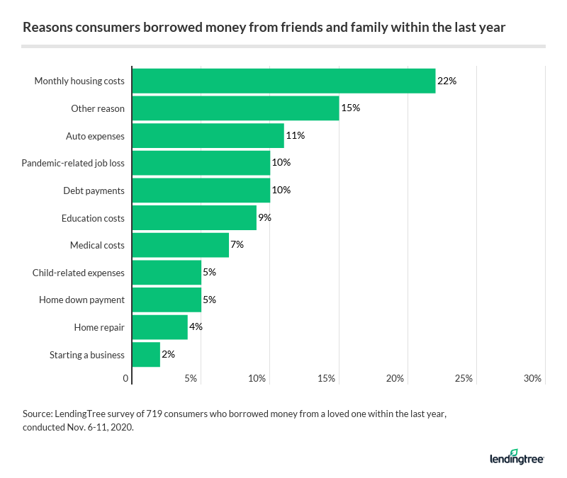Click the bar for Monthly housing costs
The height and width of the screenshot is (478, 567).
(283, 81)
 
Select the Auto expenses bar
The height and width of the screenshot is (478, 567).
(208, 135)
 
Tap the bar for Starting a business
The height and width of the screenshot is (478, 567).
(146, 354)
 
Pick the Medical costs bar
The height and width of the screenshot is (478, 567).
(181, 245)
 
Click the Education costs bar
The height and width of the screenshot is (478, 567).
(194, 217)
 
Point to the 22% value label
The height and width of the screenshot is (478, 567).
(447, 81)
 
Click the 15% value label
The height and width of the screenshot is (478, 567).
(351, 108)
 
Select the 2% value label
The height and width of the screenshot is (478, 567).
(168, 354)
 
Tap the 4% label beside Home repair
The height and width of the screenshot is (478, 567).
(196, 327)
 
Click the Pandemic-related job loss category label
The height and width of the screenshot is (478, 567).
(73, 163)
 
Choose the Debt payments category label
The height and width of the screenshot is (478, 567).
(94, 190)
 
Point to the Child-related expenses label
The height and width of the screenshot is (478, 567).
(79, 273)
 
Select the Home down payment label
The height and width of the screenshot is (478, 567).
(82, 300)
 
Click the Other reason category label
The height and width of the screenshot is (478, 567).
(98, 108)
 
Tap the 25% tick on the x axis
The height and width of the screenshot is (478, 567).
(464, 379)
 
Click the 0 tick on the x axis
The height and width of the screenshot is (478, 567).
(126, 379)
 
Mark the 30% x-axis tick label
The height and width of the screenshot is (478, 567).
(532, 379)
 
